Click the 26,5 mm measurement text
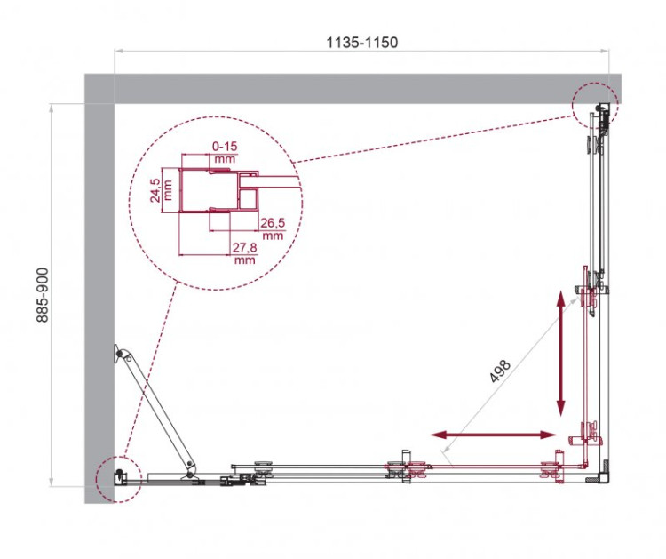273,229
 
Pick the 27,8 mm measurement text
244,254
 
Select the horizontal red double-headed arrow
494,435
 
